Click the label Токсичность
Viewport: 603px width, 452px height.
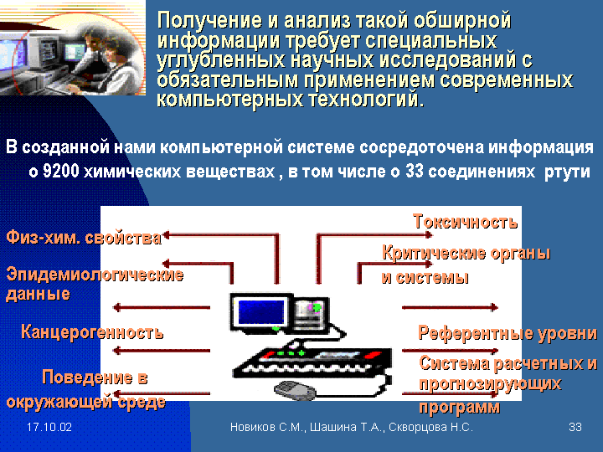coord(466,222)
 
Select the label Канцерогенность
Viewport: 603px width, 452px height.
coord(92,331)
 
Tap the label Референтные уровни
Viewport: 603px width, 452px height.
coord(508,333)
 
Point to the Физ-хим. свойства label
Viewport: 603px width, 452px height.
coord(84,238)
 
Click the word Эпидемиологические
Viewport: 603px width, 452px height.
coord(95,275)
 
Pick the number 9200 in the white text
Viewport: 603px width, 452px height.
coord(61,172)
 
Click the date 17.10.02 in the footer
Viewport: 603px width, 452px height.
coord(49,427)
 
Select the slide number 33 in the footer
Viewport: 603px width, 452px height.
coord(575,427)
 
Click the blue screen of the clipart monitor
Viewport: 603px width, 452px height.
coord(261,311)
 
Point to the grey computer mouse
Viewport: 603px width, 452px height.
coord(295,390)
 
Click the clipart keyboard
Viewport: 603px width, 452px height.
coord(312,362)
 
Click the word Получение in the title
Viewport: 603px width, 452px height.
coord(209,20)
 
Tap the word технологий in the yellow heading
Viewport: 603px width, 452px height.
coord(366,100)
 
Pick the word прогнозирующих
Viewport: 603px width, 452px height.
coord(490,384)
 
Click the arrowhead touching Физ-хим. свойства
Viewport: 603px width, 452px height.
coord(167,235)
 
